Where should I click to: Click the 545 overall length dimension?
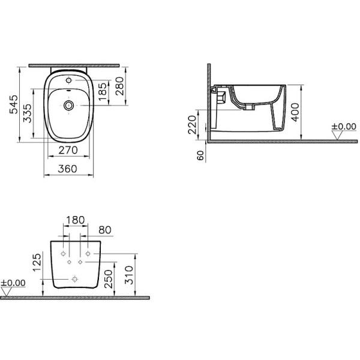[13, 104]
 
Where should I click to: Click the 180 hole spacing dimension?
[75, 220]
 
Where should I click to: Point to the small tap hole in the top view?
[68, 80]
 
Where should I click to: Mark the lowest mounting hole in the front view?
[74, 278]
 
